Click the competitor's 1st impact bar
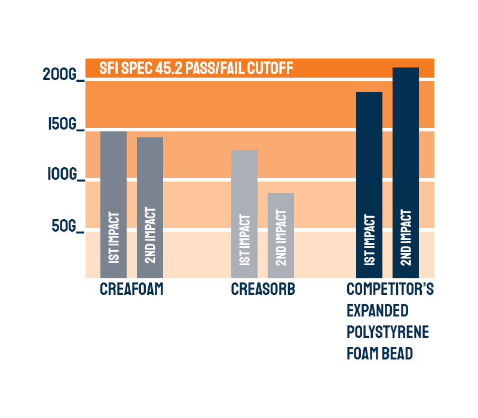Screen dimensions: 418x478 click(x=369, y=185)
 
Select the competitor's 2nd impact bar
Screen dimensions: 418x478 click(x=406, y=173)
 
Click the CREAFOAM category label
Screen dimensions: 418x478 click(x=131, y=290)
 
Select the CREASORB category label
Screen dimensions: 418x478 click(x=263, y=290)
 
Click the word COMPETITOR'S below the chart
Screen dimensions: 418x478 click(x=390, y=290)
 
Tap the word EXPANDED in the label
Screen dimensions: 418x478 click(x=377, y=311)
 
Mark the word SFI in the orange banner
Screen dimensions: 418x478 click(x=108, y=68)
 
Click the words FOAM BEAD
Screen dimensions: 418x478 click(x=379, y=353)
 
